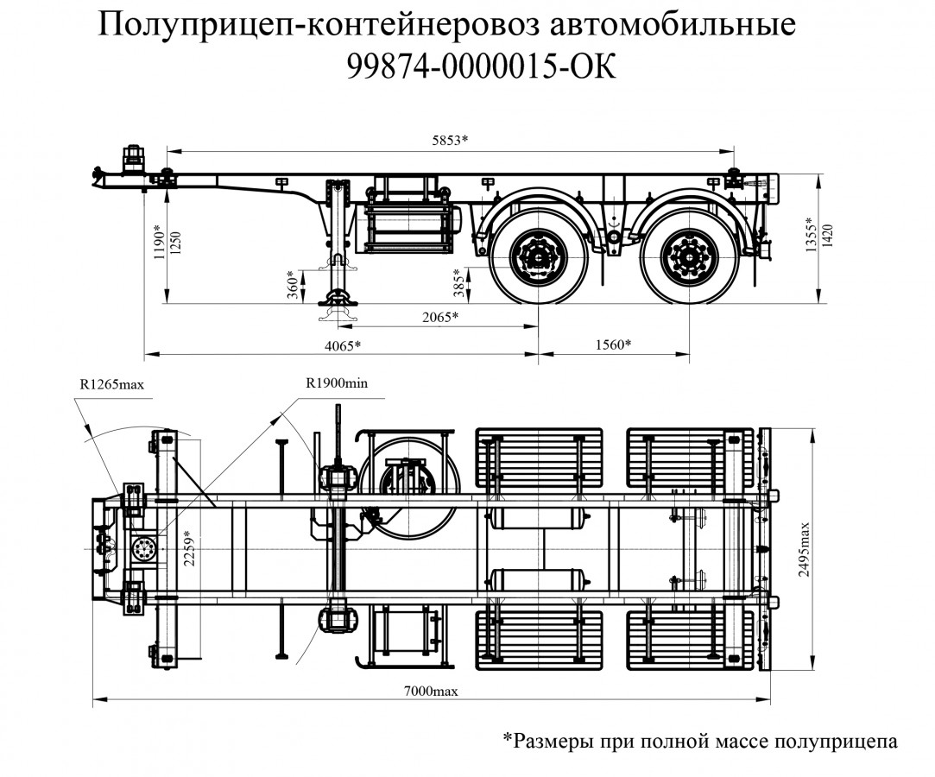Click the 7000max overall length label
[x=430, y=692]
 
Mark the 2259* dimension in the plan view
[x=192, y=547]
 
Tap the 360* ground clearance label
[x=295, y=286]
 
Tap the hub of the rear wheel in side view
[x=689, y=257]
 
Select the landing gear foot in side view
[x=337, y=304]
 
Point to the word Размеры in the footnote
[x=558, y=741]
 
